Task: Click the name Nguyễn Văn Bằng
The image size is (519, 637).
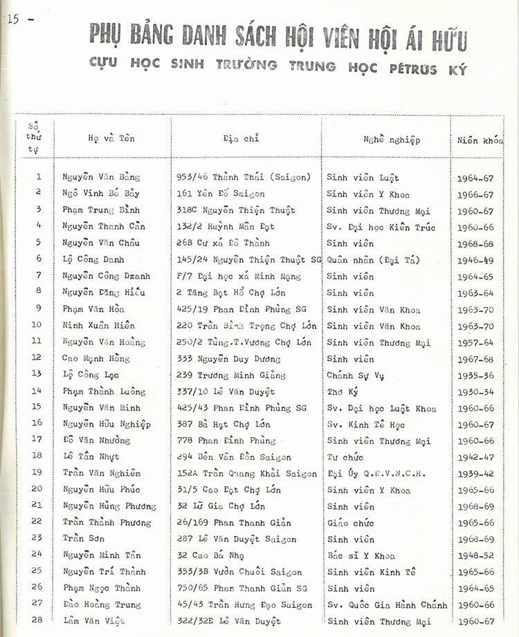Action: [x=96, y=177]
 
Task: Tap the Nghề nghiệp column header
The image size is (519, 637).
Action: [x=391, y=140]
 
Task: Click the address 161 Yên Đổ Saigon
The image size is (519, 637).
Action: [x=221, y=194]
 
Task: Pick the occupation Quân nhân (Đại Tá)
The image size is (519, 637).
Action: [x=373, y=259]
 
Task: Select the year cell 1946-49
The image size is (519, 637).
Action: [x=476, y=260]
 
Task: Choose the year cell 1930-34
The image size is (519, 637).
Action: [x=476, y=392]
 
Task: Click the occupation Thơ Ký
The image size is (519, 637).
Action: [x=343, y=391]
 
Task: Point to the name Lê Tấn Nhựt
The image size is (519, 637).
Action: [x=91, y=456]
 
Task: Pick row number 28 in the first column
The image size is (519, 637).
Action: [x=37, y=619]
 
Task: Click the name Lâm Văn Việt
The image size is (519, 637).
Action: [x=91, y=621]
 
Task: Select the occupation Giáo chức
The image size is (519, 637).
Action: [x=350, y=523]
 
